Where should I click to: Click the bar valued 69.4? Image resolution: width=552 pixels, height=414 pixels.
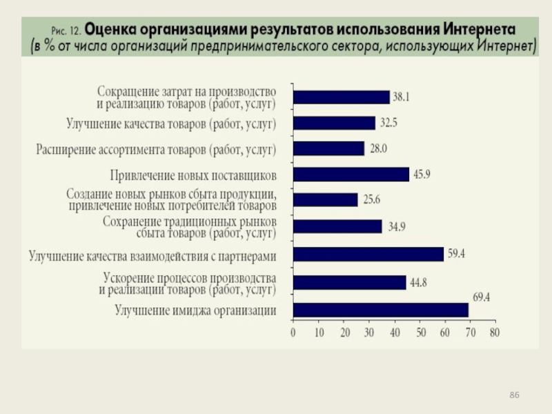point(380,310)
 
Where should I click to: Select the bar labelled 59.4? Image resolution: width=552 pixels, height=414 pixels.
point(368,255)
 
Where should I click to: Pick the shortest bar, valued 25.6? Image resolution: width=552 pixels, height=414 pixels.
point(325,200)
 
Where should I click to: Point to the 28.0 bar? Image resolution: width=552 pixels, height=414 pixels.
point(328,148)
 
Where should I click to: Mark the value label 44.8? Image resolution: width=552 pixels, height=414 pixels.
point(417,282)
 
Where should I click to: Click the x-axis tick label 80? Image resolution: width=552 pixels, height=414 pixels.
point(494,333)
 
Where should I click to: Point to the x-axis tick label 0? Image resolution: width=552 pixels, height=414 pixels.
point(293,333)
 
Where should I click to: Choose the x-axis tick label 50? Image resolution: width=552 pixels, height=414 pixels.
point(418,333)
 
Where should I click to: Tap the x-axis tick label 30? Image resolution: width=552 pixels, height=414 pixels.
point(368,333)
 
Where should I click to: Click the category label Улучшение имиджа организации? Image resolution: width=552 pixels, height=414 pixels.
point(195,310)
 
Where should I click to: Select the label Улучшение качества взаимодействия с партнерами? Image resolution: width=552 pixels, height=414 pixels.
point(152,257)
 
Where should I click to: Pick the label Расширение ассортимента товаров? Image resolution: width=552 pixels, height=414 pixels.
point(156,149)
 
